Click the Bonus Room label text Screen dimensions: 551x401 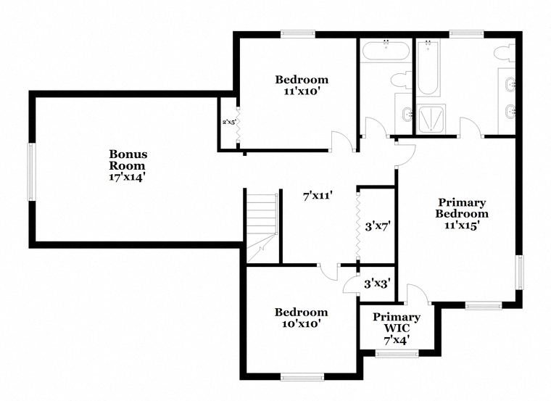(x=128, y=160)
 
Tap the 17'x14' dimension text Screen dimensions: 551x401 (x=127, y=178)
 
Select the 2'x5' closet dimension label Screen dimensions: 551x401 (x=229, y=123)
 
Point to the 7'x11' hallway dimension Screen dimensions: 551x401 (x=318, y=195)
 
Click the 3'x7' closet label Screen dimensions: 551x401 (x=378, y=226)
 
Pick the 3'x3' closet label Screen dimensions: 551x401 (x=377, y=284)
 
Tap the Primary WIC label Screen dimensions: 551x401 (x=397, y=323)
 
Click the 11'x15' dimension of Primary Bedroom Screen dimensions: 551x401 (x=462, y=226)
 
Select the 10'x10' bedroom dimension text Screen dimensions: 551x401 (x=301, y=323)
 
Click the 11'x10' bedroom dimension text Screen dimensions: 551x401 (x=302, y=91)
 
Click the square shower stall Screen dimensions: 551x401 (x=431, y=119)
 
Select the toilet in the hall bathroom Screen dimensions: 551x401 (x=402, y=80)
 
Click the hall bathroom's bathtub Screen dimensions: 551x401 (x=386, y=51)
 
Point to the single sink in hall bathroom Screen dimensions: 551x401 (x=407, y=114)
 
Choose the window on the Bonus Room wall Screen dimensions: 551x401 (x=32, y=172)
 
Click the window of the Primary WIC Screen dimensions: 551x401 (x=397, y=353)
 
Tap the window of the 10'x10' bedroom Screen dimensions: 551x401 (x=302, y=378)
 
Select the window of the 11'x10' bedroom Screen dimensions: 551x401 (x=298, y=34)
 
